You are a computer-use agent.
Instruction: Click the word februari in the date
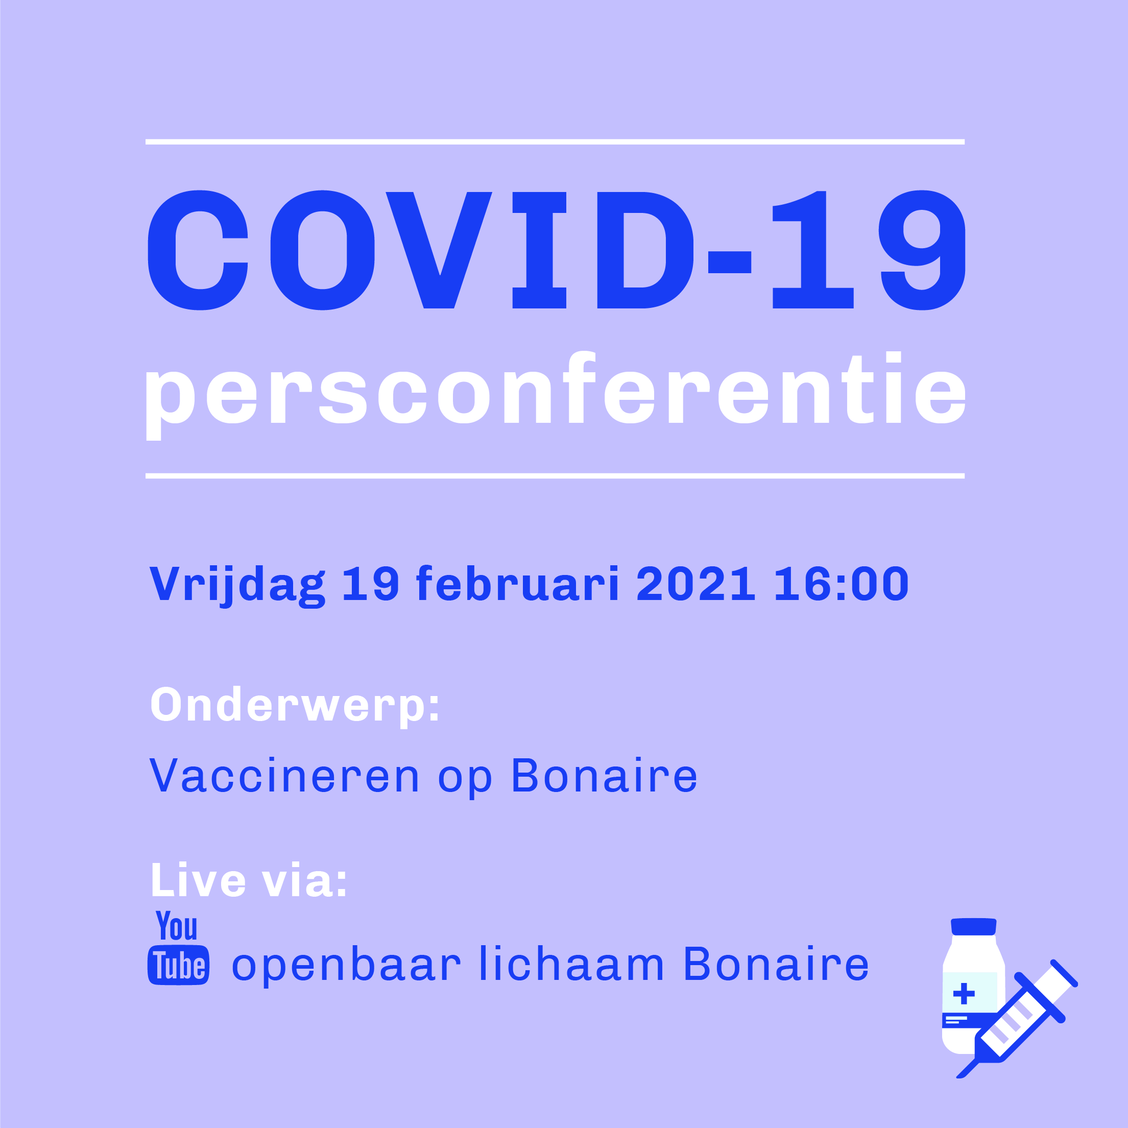[517, 583]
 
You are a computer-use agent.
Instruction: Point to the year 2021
[696, 583]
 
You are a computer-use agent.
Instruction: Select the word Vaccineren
[284, 776]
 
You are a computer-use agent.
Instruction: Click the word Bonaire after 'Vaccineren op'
[604, 776]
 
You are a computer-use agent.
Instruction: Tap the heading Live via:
[249, 880]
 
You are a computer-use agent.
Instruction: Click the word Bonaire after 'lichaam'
[777, 964]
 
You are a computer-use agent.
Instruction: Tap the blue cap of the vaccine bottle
[973, 927]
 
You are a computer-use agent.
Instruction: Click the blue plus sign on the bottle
[964, 993]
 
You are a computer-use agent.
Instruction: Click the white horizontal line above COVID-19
[555, 142]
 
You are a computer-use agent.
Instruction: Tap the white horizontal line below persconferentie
[555, 476]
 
